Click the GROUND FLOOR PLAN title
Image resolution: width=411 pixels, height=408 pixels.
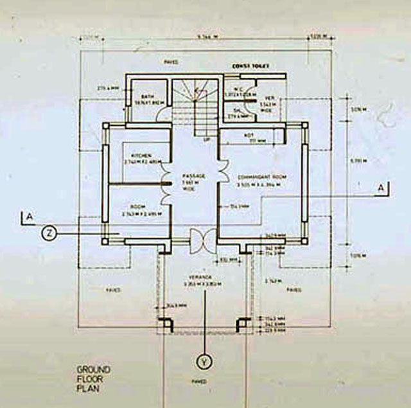(x=93, y=379)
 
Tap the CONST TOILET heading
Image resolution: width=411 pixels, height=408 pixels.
(x=252, y=66)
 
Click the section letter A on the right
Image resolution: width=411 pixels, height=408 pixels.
(x=381, y=188)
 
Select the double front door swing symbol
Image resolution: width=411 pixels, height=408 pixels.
(x=204, y=242)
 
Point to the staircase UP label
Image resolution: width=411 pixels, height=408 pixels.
(x=206, y=139)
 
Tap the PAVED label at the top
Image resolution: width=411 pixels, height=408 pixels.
(x=171, y=62)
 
